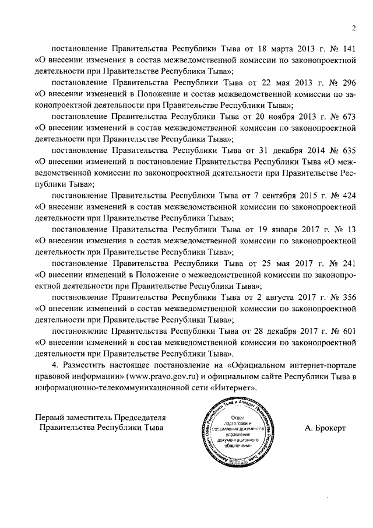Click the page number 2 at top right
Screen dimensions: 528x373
(x=353, y=27)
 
